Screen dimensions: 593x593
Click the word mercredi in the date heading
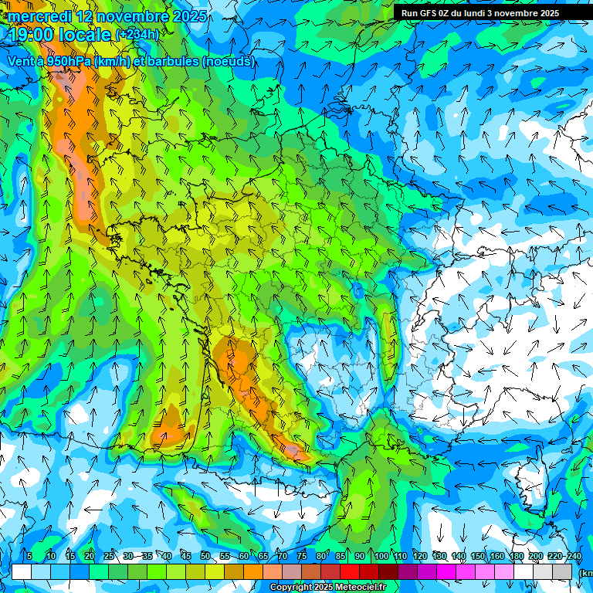[37, 15]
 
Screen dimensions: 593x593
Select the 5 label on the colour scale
[29, 556]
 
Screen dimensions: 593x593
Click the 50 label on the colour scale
[205, 556]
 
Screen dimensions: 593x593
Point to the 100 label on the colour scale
[381, 556]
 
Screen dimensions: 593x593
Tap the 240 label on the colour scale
[574, 556]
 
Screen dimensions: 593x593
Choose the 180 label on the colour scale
[517, 556]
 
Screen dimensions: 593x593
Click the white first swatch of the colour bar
[21, 571]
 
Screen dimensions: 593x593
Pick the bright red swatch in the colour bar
[350, 571]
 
